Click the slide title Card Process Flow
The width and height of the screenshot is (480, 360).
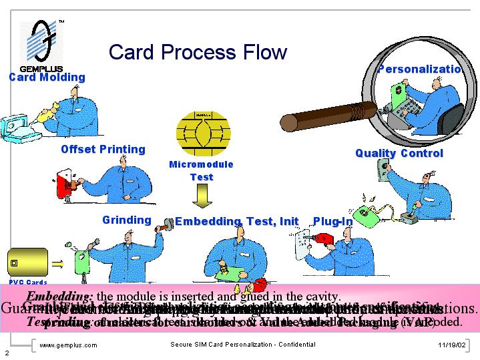coord(198,52)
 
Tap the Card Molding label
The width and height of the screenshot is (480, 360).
coord(47,77)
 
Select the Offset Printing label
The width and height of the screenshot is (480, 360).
coord(103,149)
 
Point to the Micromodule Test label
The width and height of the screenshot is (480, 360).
coord(201,170)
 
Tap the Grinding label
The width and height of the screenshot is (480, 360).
coord(127,220)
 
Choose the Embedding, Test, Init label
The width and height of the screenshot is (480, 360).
coord(236,221)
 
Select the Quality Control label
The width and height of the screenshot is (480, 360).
coord(399,153)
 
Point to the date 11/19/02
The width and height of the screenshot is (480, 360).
coord(451,345)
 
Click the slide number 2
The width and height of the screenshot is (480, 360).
coord(6,352)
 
